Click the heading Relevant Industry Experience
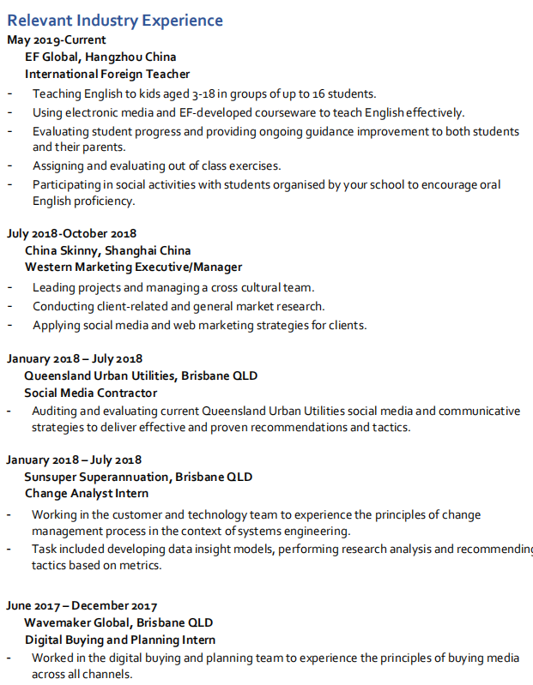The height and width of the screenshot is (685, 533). [115, 21]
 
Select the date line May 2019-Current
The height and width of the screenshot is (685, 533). [57, 40]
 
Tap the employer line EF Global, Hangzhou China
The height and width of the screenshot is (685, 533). [100, 57]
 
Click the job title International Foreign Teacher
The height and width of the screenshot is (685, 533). [107, 75]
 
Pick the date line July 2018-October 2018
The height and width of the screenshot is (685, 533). [71, 233]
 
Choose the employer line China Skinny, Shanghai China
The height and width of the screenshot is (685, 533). [107, 250]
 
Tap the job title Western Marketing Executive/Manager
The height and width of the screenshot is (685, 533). [133, 267]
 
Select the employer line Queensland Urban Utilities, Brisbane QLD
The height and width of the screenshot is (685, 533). [141, 376]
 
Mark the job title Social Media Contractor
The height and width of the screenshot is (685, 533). [91, 393]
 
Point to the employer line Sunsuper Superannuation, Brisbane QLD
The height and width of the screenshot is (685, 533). [138, 477]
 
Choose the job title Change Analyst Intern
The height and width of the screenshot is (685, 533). [87, 494]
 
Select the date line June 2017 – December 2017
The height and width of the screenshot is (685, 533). [82, 605]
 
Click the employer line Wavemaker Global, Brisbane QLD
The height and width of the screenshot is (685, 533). [118, 622]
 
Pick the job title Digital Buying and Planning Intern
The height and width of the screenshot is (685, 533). [120, 640]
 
